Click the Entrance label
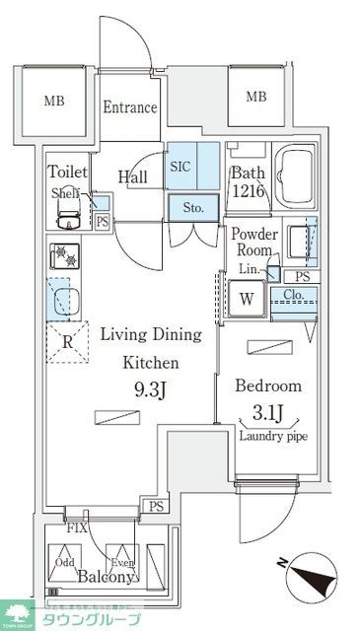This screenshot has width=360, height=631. [131, 107]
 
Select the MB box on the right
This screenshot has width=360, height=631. [255, 97]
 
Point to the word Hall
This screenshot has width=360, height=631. [133, 176]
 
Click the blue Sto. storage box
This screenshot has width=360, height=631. [192, 208]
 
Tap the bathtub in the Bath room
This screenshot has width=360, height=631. [294, 176]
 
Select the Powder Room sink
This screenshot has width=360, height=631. [298, 240]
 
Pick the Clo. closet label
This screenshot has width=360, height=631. [292, 293]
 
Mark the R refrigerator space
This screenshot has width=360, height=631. [67, 343]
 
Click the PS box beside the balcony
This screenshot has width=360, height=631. [154, 507]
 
